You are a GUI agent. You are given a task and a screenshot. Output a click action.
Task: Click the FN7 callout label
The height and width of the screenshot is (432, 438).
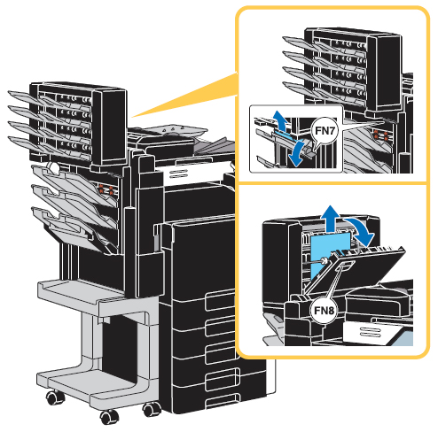coord(325,130)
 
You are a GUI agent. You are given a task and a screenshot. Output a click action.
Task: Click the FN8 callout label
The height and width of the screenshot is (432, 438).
coord(324,311)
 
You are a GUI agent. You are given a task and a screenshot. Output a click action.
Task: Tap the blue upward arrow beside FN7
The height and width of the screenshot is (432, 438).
coord(280,120)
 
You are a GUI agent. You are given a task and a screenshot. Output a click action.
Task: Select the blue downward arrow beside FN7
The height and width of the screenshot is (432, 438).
coord(297,153)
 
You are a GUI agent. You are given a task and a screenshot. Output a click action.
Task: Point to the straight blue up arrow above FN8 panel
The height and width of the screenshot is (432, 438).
coord(331,219)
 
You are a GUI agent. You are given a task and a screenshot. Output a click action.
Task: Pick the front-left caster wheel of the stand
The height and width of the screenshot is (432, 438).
coord(56,397)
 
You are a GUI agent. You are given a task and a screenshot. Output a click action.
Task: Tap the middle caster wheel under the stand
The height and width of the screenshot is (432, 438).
coord(109,417)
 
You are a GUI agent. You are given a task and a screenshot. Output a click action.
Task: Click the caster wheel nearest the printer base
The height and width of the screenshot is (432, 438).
coord(152,410)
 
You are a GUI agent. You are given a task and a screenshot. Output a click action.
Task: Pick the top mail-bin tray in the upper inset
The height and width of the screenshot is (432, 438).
coord(299,42)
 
